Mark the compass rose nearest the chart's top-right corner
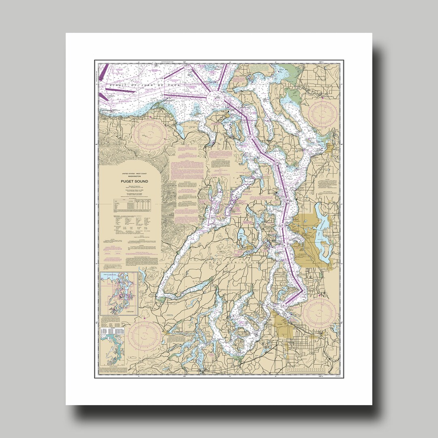322,112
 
